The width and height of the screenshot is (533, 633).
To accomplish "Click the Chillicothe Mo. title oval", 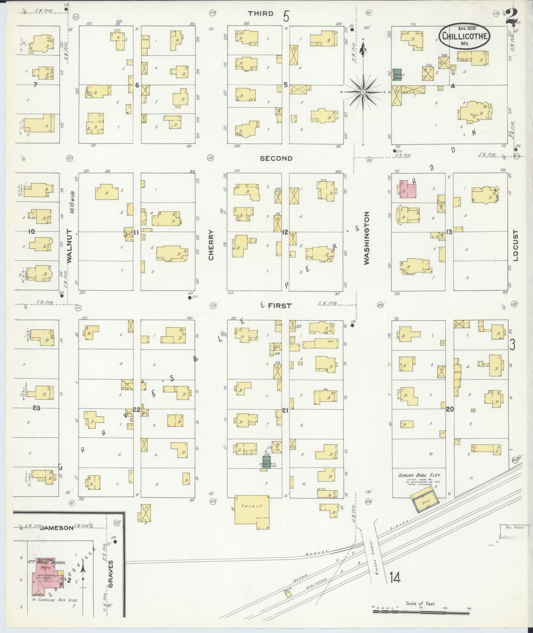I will [x=465, y=35].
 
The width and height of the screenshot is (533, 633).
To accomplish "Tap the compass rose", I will [x=363, y=92].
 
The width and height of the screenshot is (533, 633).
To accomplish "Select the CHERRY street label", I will [x=211, y=245].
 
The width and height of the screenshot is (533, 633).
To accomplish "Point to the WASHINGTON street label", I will [x=366, y=238].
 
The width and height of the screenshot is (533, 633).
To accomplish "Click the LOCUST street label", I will [x=516, y=246].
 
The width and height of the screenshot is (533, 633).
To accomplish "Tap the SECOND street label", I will [x=276, y=158].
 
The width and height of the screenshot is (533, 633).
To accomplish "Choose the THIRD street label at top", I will [x=261, y=14].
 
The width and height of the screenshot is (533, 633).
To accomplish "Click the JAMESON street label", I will [x=57, y=528].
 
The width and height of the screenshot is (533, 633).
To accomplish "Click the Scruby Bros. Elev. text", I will [x=419, y=475].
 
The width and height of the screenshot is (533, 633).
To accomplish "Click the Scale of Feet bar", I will [x=421, y=612].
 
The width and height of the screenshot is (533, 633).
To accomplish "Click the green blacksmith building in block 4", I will [x=397, y=75].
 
